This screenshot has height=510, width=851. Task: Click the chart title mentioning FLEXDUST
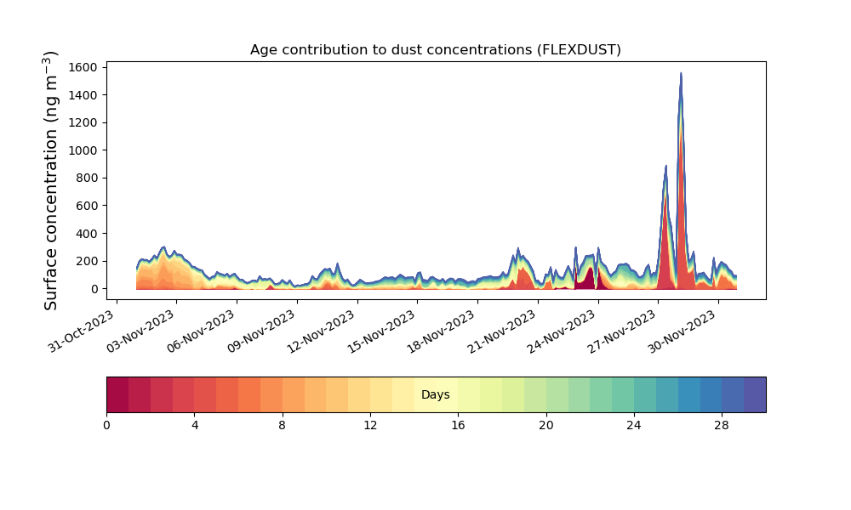(435, 50)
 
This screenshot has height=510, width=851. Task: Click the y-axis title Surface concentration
(50, 180)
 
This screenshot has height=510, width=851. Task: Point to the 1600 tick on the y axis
(83, 67)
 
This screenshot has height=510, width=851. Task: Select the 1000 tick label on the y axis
(83, 150)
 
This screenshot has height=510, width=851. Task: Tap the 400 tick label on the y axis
(86, 234)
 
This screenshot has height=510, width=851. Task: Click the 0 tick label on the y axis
(94, 289)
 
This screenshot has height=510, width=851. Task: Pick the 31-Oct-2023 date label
(82, 331)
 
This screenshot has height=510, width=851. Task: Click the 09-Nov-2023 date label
(261, 331)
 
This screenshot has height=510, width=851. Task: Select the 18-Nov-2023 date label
(442, 331)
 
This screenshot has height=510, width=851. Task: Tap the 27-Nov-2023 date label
(622, 331)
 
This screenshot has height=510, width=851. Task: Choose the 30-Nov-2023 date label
(683, 331)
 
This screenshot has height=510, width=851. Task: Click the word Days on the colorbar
(435, 394)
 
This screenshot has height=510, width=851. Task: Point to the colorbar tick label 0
(106, 426)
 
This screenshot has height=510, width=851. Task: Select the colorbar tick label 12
(370, 426)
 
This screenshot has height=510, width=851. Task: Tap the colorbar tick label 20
(546, 426)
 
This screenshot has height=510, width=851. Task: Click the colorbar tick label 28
(722, 426)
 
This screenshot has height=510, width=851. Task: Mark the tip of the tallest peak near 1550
(681, 73)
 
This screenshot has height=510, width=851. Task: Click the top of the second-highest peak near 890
(666, 166)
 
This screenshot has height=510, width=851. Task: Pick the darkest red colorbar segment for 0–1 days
(117, 394)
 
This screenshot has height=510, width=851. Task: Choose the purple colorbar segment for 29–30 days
(755, 394)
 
